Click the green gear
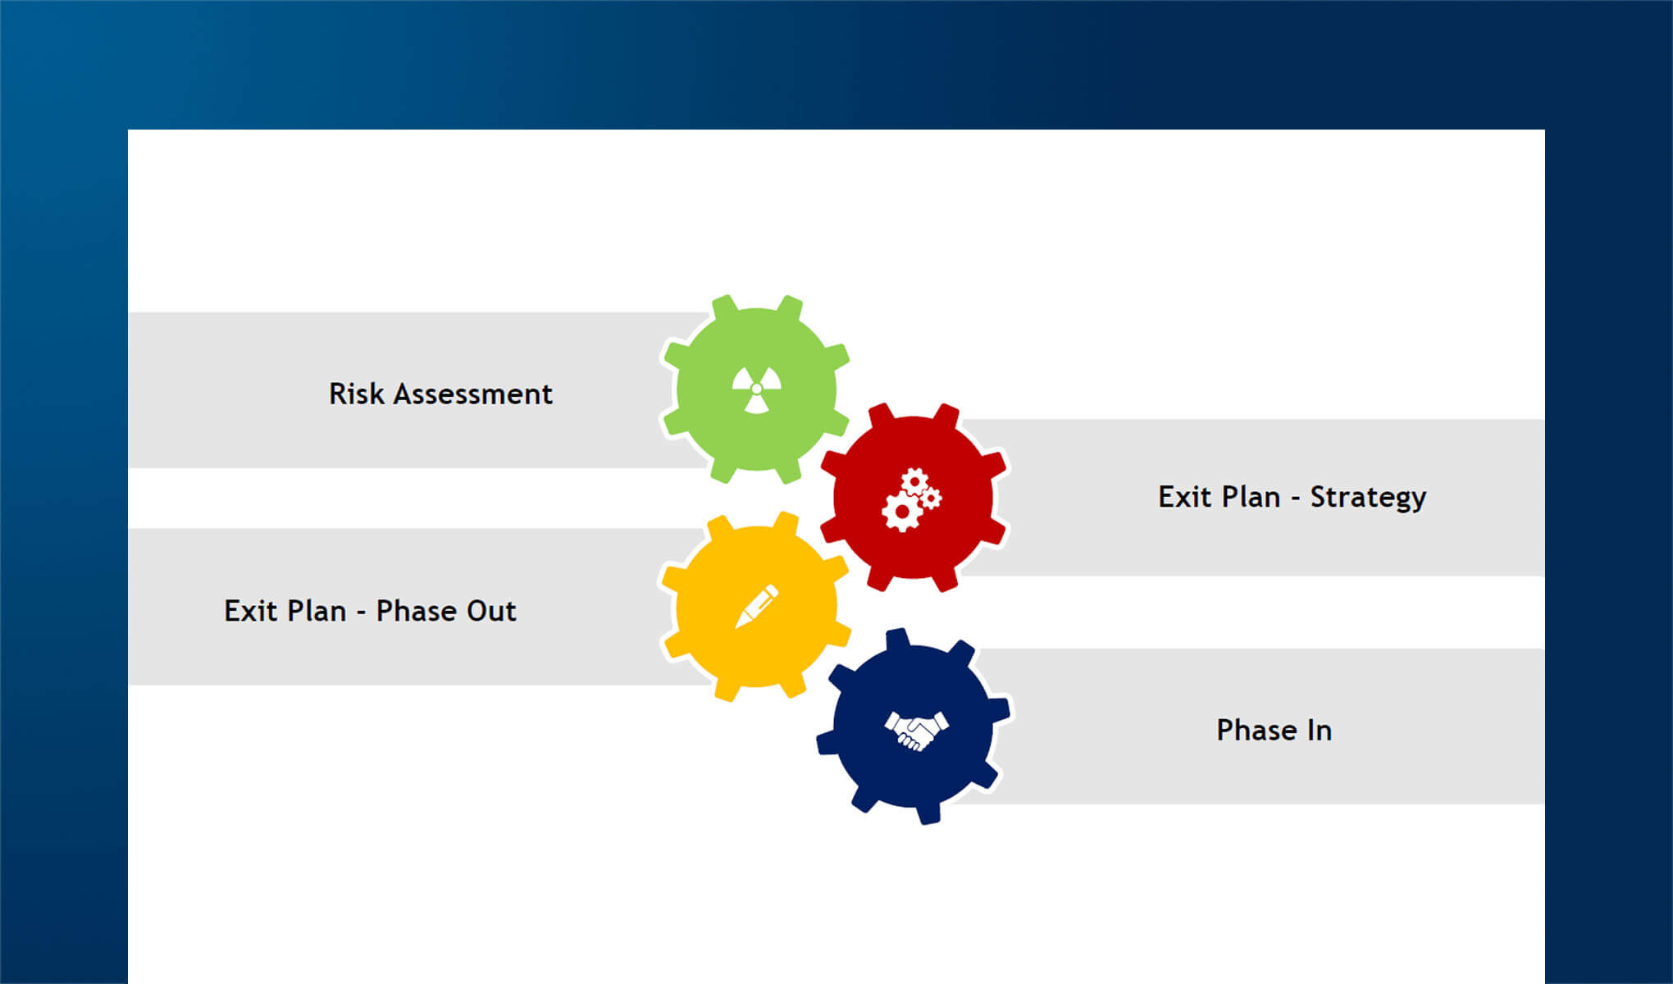click(755, 389)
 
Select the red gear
click(914, 497)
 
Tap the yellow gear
click(754, 606)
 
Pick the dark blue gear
click(914, 727)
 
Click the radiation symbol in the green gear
click(756, 389)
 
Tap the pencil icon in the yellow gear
click(756, 606)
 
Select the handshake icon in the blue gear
click(916, 730)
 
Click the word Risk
click(357, 394)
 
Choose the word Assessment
click(473, 394)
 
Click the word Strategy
click(1368, 498)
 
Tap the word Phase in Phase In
click(1256, 731)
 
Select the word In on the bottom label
click(1320, 731)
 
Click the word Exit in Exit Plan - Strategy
click(1180, 497)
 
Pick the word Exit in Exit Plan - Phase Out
click(246, 611)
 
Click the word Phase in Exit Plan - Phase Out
click(416, 611)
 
